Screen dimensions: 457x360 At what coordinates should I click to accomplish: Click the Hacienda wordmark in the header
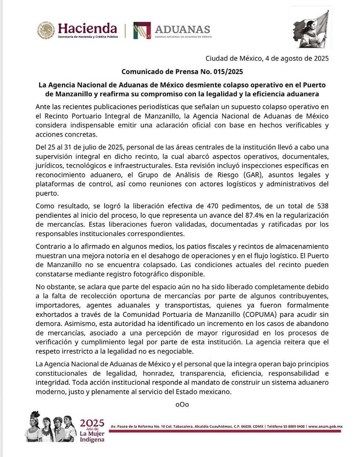click(87, 28)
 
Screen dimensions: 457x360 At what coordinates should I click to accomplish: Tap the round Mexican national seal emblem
click(46, 30)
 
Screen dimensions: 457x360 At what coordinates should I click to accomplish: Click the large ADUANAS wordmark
click(182, 29)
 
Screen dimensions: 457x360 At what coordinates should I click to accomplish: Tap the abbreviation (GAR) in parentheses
click(252, 175)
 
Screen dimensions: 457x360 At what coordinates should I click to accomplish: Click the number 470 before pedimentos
click(213, 206)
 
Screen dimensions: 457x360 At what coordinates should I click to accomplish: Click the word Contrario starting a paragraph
click(50, 247)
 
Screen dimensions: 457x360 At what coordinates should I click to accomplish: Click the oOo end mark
click(182, 404)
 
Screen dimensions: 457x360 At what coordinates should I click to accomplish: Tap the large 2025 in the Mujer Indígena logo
click(92, 423)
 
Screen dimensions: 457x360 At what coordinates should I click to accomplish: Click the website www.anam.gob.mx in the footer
click(325, 427)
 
